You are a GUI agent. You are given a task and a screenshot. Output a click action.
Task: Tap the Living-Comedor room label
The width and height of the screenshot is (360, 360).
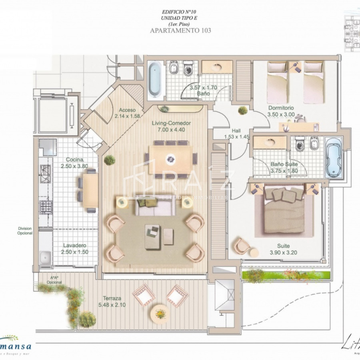coord(171,123)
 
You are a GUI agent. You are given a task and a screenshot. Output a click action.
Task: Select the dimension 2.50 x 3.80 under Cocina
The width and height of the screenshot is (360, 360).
coord(74,166)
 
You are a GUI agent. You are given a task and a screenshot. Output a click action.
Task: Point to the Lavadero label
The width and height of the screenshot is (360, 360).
coord(74,245)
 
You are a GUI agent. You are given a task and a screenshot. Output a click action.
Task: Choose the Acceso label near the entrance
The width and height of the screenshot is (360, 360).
coord(127,110)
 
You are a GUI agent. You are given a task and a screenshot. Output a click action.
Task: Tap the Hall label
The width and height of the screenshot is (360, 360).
coord(236,130)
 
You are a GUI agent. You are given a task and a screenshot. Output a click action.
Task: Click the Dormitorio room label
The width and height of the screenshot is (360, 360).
coord(281,108)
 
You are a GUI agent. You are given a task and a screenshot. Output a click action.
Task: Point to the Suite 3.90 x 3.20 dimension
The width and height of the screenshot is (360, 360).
coord(284,253)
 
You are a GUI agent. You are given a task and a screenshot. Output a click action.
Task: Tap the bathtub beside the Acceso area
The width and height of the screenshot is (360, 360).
coord(154,79)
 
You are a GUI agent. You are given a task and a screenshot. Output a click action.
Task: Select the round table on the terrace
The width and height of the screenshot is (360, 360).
coord(161,312)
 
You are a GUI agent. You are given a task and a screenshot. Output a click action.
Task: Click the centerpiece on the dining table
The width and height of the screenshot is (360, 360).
coord(171,159)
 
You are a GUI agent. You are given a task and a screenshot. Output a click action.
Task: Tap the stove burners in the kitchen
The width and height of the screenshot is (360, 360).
coord(45,207)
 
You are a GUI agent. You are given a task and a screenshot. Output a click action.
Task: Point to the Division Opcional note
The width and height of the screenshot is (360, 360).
coord(25,231)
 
